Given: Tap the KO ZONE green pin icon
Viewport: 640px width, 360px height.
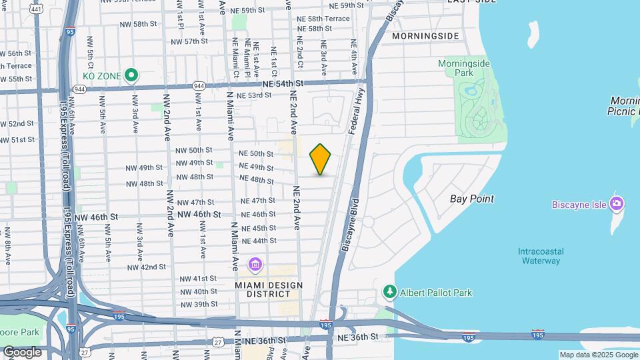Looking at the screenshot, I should (x=132, y=75).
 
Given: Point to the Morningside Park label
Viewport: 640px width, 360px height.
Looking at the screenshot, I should (x=464, y=68).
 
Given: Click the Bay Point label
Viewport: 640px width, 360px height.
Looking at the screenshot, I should (x=472, y=199).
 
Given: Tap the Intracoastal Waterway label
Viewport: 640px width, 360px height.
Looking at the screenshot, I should (x=540, y=256).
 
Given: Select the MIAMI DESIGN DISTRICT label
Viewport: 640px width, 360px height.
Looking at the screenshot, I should (x=269, y=290).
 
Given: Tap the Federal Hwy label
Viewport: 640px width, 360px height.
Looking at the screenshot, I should (x=360, y=107).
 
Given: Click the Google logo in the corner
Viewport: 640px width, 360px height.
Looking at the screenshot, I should (x=22, y=351).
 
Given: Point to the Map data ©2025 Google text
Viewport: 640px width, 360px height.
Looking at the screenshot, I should (x=598, y=355).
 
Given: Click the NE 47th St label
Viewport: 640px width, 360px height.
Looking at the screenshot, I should (x=258, y=201).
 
